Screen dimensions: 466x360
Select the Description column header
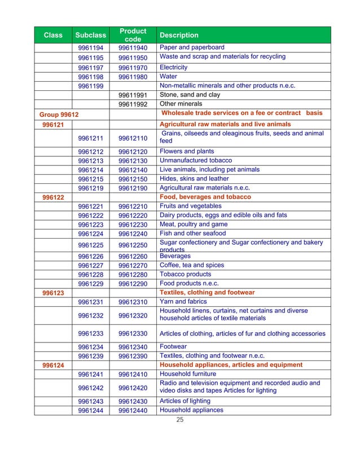pos(179,35)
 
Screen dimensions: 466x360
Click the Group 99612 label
pos(59,115)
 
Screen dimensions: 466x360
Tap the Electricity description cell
pos(174,67)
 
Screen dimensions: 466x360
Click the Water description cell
pos(169,76)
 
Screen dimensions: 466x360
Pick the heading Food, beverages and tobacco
pos(205,197)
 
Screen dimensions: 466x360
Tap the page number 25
pos(180,420)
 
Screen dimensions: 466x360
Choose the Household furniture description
pos(188,374)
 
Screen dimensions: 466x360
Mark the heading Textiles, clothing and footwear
pos(207,293)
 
